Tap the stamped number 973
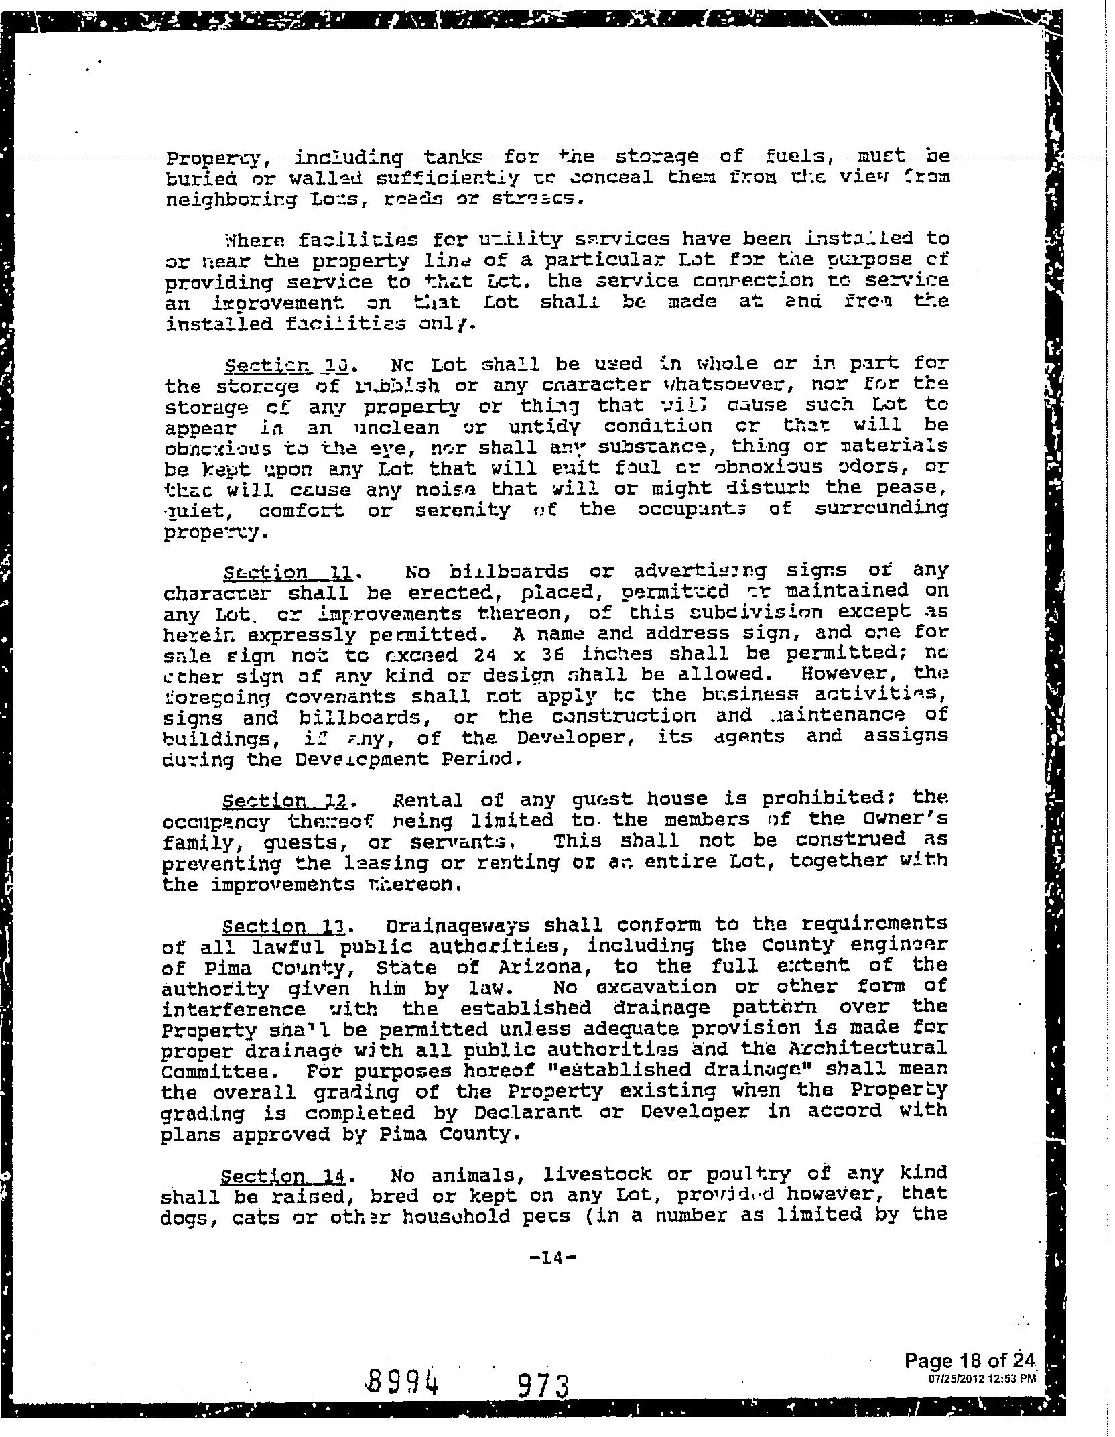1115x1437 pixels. [544, 1385]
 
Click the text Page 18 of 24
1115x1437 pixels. [970, 1360]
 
